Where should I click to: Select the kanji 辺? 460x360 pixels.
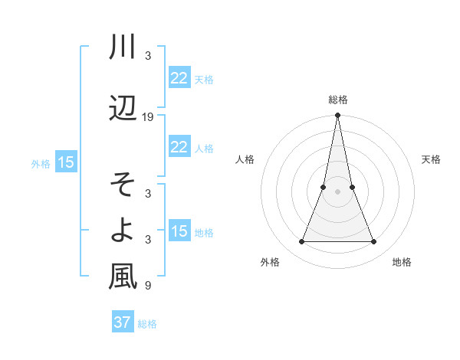click(x=123, y=109)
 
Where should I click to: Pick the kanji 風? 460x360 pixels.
click(x=123, y=277)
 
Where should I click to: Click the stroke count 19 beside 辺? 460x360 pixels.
click(x=148, y=117)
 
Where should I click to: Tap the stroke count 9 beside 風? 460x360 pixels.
click(x=148, y=286)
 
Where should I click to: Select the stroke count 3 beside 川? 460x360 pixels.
click(x=148, y=57)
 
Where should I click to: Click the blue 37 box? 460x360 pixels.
click(x=122, y=322)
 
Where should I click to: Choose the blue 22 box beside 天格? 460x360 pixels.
click(x=179, y=77)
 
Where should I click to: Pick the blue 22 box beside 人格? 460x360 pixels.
click(x=179, y=147)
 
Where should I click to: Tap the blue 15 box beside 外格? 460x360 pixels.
click(x=65, y=162)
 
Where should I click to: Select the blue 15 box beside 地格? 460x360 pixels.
click(x=179, y=231)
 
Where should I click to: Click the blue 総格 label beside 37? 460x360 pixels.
click(x=147, y=324)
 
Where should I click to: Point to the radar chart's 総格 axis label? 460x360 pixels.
click(x=337, y=100)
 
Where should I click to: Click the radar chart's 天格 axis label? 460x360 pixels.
click(x=431, y=159)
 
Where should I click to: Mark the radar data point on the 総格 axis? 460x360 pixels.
click(x=337, y=116)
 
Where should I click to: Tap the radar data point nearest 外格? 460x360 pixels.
click(x=301, y=242)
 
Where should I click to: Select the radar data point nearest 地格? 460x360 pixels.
click(x=374, y=242)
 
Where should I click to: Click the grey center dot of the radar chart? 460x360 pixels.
click(x=337, y=191)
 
